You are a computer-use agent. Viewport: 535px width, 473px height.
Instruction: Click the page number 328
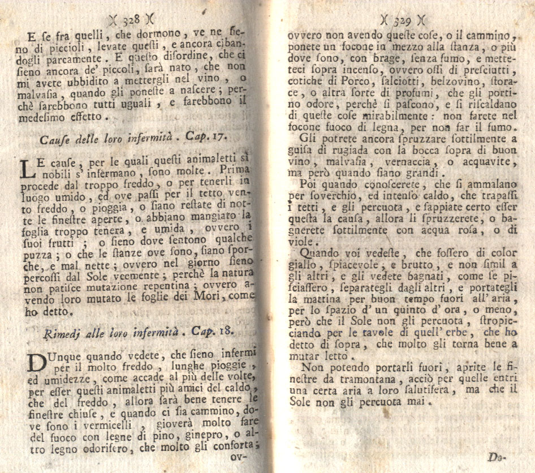pyautogui.click(x=131, y=19)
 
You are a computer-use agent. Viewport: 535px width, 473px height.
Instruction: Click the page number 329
pyautogui.click(x=402, y=21)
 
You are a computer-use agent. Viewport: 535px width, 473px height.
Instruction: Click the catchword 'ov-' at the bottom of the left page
pyautogui.click(x=244, y=456)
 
